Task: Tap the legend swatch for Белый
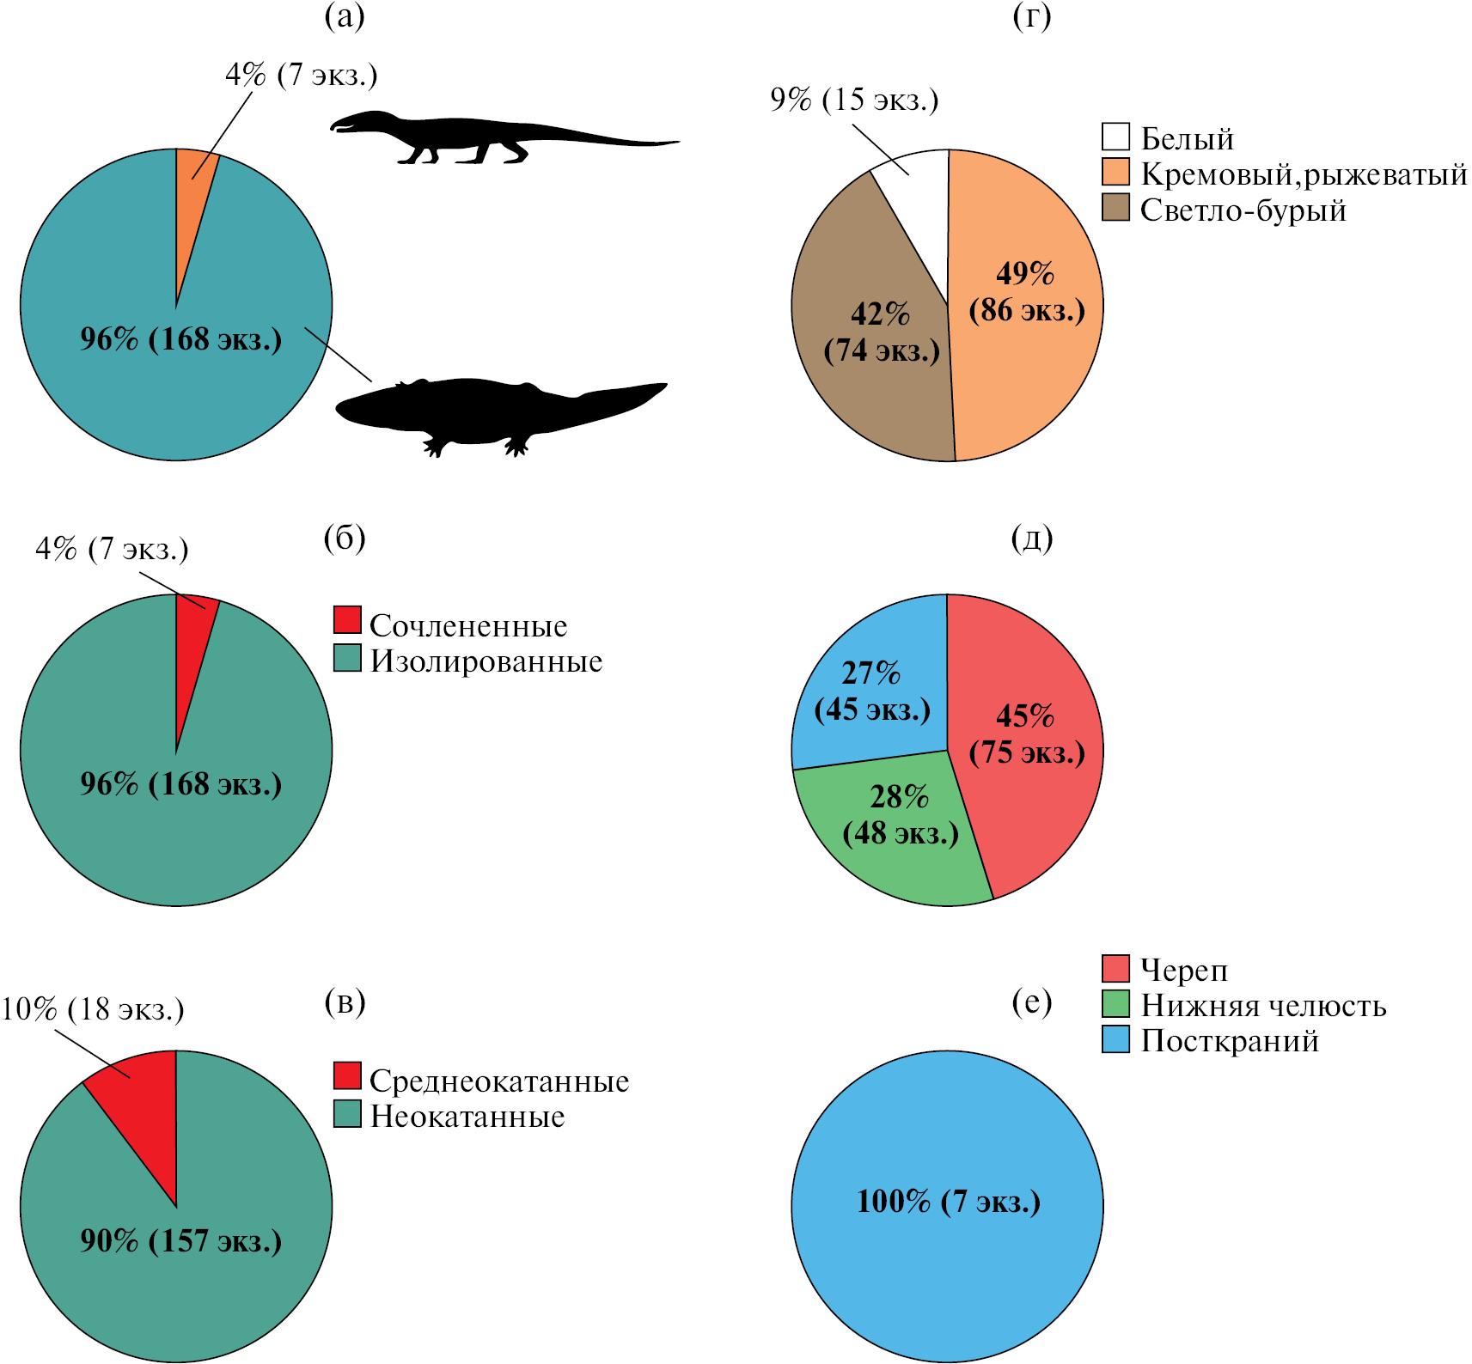1115,137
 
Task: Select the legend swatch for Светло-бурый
1115,208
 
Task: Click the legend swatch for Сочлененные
347,620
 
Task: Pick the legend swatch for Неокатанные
347,1114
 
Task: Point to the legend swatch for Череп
1115,968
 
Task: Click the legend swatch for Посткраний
1115,1039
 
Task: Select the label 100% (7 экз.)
948,1201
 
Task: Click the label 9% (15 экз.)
854,100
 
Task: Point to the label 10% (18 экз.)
93,1008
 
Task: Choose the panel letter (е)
1032,1002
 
